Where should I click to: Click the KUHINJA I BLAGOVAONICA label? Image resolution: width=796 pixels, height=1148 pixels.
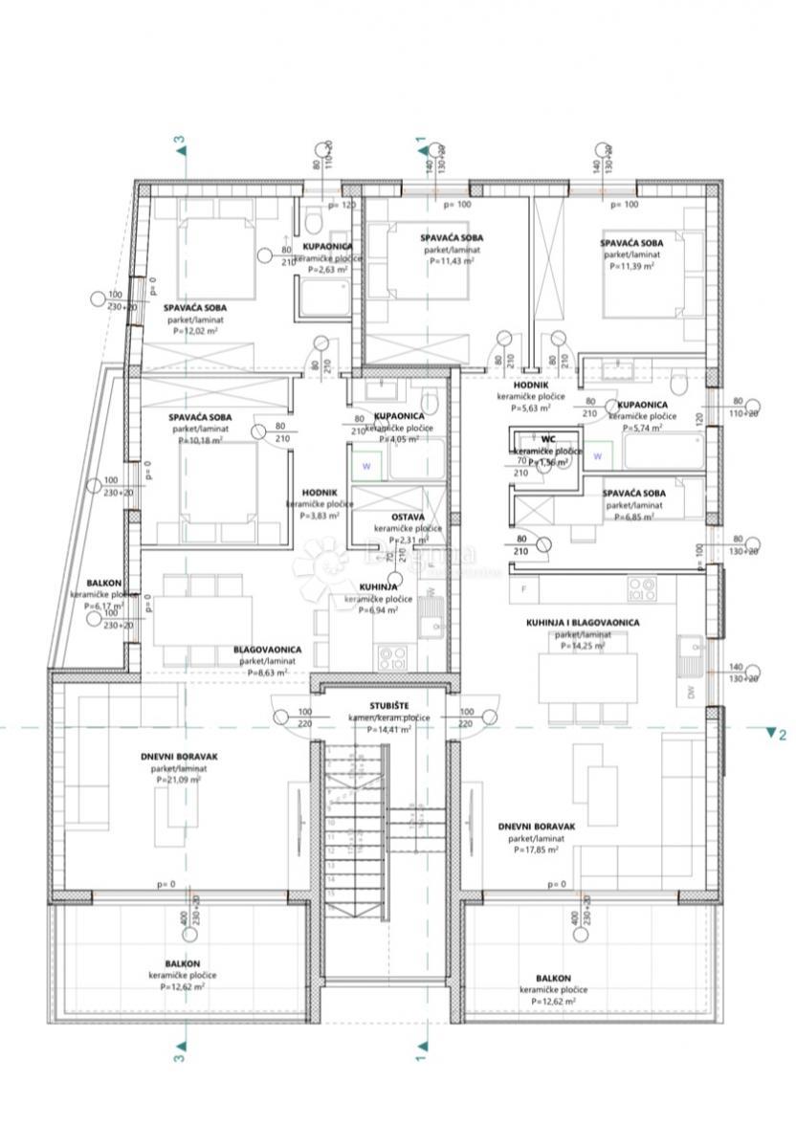tap(583, 623)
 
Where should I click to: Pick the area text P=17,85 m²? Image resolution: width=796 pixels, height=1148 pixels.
tap(536, 850)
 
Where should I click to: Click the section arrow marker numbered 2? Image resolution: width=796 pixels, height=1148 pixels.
tap(771, 734)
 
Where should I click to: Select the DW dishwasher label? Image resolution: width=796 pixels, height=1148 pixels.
tap(692, 692)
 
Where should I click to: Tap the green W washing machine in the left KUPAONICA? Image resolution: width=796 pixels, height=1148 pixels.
tap(365, 467)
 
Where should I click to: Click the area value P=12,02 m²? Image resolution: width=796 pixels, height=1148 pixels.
tap(195, 331)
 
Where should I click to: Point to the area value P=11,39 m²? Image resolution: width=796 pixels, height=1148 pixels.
tap(631, 267)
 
